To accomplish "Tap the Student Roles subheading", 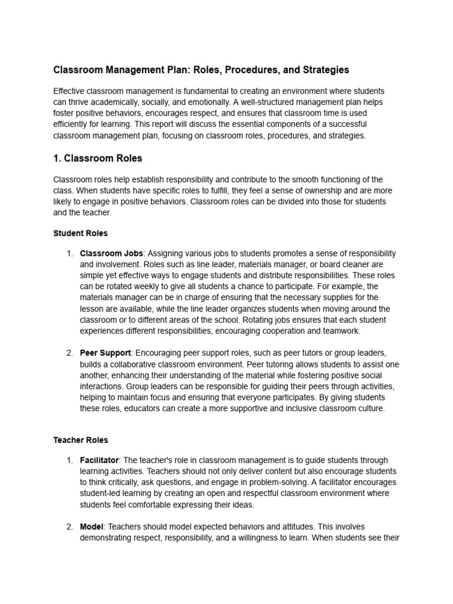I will tap(80, 233).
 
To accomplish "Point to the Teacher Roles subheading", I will tap(81, 439).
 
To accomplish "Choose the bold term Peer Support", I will tap(105, 353).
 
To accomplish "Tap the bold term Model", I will tap(91, 526).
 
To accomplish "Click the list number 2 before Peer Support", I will tap(70, 353).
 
